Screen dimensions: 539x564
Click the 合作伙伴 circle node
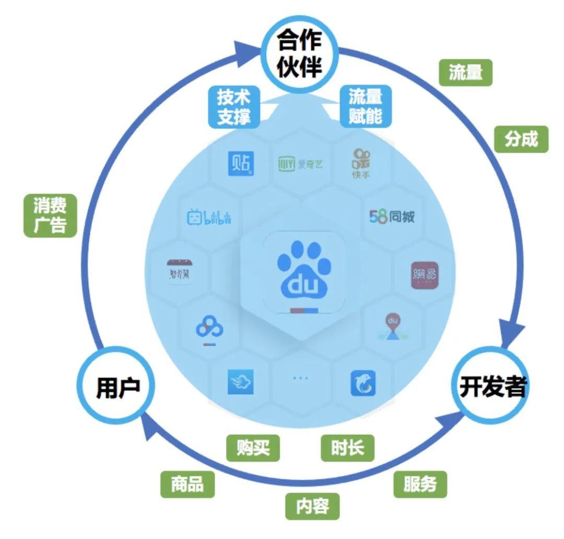pos(299,53)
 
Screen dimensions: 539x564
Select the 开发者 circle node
pos(492,387)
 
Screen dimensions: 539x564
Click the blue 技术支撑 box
pos(233,106)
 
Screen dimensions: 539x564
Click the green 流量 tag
pos(465,73)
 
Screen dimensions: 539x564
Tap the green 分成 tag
pos(521,139)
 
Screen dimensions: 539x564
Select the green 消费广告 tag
pos(50,215)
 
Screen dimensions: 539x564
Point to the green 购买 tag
pos(253,448)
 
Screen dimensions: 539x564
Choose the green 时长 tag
pos(347,448)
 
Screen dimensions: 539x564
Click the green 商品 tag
pos(187,484)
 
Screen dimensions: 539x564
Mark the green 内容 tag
pos(312,506)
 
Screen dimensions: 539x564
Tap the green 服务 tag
pos(420,484)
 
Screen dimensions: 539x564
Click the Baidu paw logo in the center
pos(304,272)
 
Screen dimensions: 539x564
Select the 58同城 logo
pos(392,216)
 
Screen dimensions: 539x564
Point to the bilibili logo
pos(208,217)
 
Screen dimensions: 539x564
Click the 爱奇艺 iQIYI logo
pos(301,165)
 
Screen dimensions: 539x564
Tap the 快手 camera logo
pos(361,162)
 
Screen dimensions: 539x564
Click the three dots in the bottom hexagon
pos(300,377)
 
